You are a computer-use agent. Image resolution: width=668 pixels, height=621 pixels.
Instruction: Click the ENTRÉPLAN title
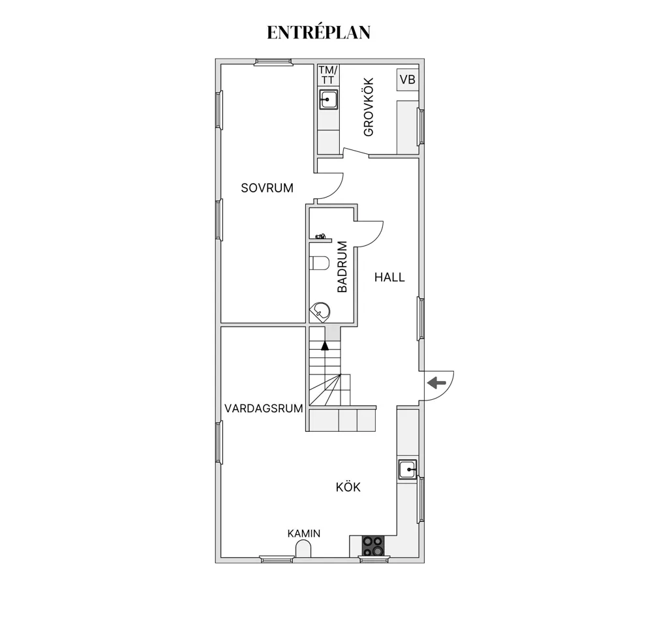pyautogui.click(x=318, y=33)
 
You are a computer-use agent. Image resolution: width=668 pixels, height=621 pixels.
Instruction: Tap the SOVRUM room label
pyautogui.click(x=267, y=188)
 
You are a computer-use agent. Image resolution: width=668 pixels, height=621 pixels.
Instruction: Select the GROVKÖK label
pyautogui.click(x=369, y=107)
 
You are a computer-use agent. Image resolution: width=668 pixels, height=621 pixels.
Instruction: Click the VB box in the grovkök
pyautogui.click(x=408, y=80)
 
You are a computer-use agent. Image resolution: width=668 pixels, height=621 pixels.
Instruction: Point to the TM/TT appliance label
pyautogui.click(x=328, y=74)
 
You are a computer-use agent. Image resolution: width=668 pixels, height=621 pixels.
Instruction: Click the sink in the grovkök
pyautogui.click(x=329, y=99)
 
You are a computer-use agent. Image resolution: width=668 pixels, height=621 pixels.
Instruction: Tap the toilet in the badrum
pyautogui.click(x=320, y=264)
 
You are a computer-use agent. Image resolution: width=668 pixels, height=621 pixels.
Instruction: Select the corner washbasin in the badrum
pyautogui.click(x=320, y=311)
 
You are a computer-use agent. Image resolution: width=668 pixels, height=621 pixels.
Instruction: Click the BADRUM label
pyautogui.click(x=342, y=267)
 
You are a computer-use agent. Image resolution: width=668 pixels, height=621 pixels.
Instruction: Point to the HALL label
pyautogui.click(x=389, y=277)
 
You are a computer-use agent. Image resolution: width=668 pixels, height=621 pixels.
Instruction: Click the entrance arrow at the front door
pyautogui.click(x=436, y=383)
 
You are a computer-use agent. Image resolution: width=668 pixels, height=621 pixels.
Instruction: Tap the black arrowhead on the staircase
pyautogui.click(x=325, y=346)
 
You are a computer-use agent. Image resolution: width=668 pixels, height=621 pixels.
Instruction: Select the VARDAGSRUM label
pyautogui.click(x=264, y=408)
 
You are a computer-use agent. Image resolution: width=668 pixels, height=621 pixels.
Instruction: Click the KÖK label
pyautogui.click(x=348, y=487)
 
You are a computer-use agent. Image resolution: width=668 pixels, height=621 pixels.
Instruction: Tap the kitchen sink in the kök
pyautogui.click(x=408, y=470)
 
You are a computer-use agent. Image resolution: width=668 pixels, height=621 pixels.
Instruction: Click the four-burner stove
pyautogui.click(x=373, y=545)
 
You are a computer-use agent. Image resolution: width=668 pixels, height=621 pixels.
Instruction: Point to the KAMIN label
pyautogui.click(x=304, y=533)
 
